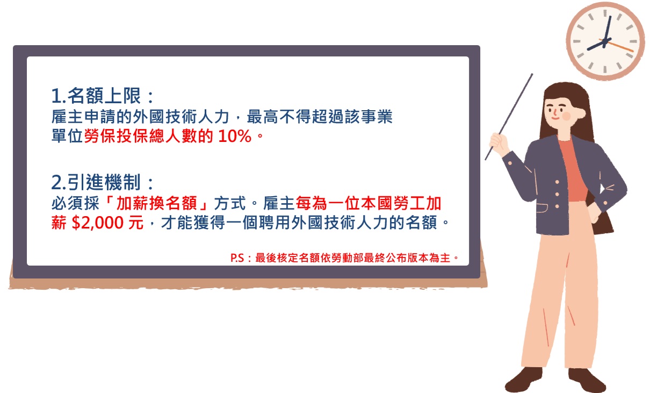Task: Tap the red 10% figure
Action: pos(234,136)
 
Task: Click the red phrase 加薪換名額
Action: pos(157,203)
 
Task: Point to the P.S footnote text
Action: pos(344,258)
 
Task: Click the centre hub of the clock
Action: pos(605,41)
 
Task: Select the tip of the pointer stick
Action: pos(532,74)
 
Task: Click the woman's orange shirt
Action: pos(573,172)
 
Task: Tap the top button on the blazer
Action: pos(557,182)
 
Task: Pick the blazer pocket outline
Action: pos(542,208)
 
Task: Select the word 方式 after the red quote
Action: pos(230,203)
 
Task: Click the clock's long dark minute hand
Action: pos(608,28)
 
